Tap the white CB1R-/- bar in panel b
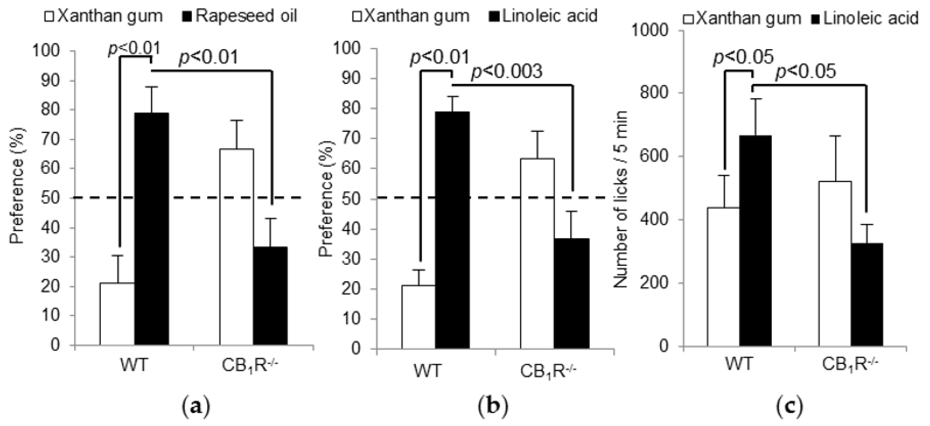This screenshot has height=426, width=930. tap(537, 253)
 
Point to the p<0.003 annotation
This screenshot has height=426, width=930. tap(507, 72)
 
